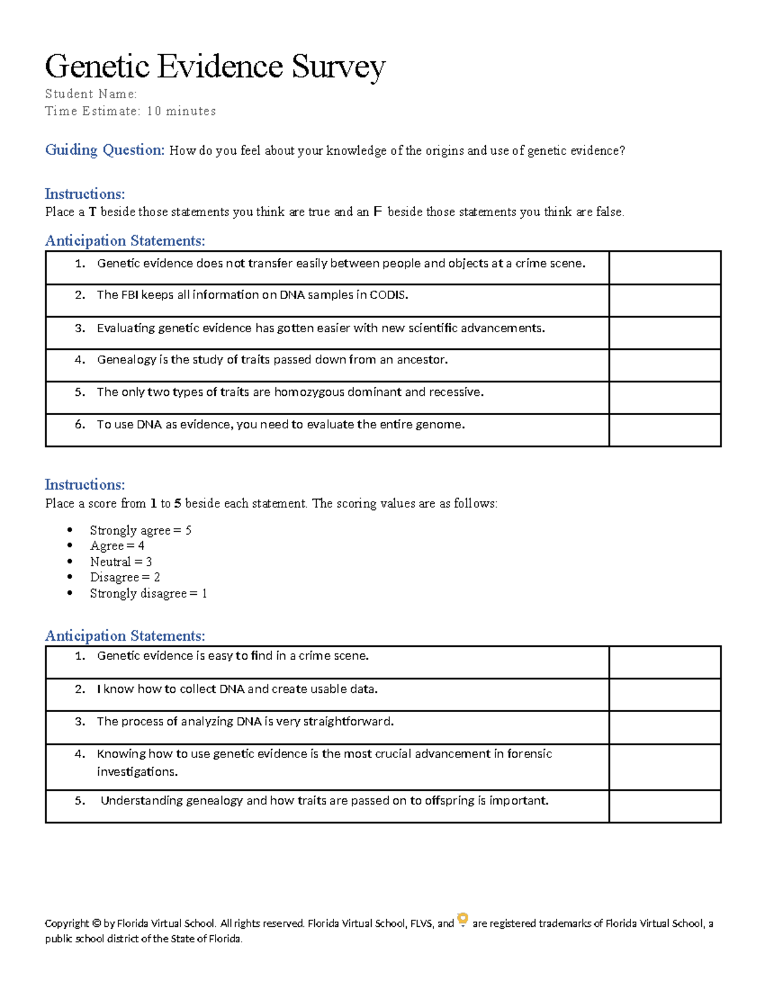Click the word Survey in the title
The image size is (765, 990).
(x=339, y=66)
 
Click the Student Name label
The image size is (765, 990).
(x=91, y=94)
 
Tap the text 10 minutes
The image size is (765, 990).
(x=181, y=111)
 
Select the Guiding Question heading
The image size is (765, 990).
(x=105, y=150)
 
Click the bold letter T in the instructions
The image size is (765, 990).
(x=92, y=212)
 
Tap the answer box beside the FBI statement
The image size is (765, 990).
(x=664, y=300)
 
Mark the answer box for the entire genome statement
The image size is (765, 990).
(x=664, y=430)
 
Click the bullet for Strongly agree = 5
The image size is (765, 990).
(x=70, y=530)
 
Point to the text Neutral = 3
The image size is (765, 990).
(x=120, y=562)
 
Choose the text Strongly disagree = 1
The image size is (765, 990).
(x=148, y=593)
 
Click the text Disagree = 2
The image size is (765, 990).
(x=124, y=578)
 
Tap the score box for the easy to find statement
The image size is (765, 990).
(x=664, y=662)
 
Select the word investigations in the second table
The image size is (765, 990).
(x=137, y=772)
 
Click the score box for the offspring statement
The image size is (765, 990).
(x=664, y=806)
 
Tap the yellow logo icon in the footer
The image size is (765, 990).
(x=463, y=920)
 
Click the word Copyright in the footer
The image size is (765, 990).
(x=67, y=924)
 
